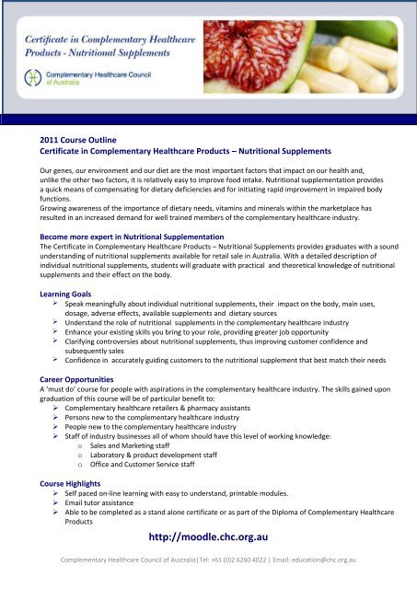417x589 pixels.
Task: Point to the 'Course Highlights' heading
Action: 64,481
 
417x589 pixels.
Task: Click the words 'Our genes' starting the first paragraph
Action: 47,171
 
